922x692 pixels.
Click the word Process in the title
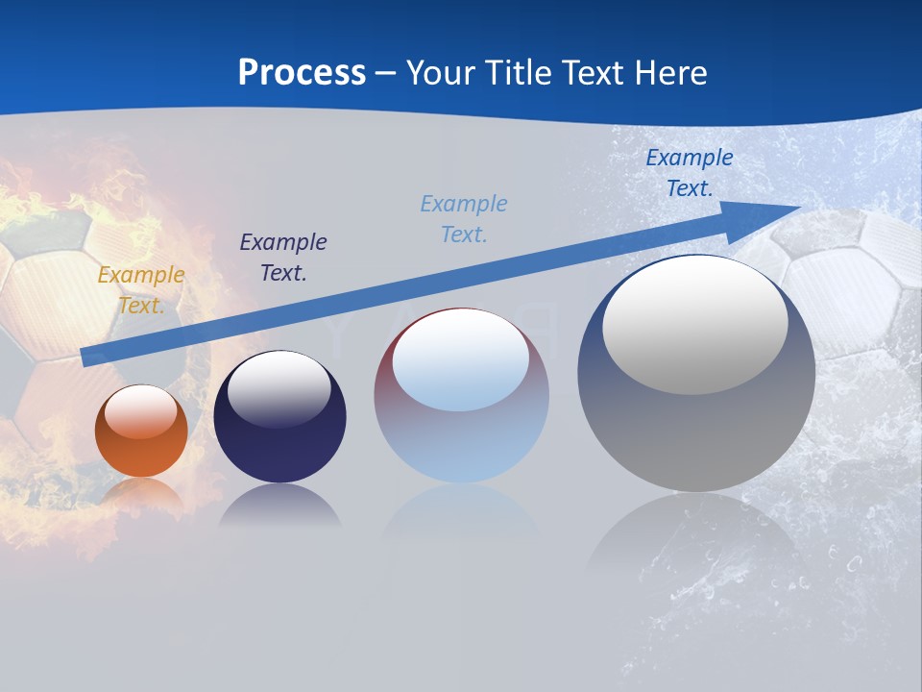point(302,73)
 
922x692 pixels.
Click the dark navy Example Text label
point(283,258)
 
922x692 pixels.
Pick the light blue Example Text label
point(464,219)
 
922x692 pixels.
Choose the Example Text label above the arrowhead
point(690,173)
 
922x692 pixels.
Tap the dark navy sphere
point(279,442)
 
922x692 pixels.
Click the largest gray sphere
point(696,432)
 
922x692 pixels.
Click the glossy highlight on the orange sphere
point(140,411)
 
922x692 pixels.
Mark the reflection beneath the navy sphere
point(279,507)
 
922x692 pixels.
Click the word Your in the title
point(441,73)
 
